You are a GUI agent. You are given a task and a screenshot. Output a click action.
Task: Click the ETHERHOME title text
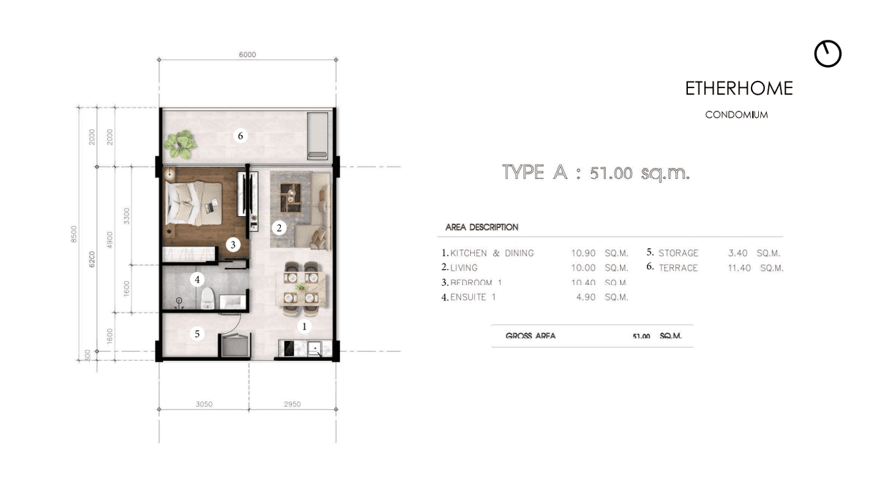point(739,89)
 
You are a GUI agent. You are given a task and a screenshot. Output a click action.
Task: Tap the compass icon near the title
point(827,54)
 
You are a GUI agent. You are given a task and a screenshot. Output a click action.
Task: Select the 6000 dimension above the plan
point(247,54)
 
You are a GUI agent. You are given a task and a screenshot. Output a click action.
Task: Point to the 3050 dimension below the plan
point(204,404)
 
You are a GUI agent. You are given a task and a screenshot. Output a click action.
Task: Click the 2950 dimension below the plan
point(292,404)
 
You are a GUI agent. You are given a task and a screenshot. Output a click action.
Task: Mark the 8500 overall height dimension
point(74,234)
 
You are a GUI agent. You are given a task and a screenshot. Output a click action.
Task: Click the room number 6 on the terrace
point(241,136)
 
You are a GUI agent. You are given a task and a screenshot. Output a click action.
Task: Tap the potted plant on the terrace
point(181,143)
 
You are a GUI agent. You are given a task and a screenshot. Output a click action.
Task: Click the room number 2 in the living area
point(280,227)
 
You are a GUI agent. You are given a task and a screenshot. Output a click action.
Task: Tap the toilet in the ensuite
point(207,299)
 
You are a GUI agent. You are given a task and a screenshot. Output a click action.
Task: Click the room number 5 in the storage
point(197,334)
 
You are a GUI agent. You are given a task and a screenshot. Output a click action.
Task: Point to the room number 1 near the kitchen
point(305,326)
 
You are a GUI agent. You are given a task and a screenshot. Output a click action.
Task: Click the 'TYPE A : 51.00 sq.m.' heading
point(596,173)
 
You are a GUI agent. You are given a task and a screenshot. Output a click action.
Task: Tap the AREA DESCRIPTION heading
point(481,227)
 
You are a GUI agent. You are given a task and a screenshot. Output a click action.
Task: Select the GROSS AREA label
point(530,336)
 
